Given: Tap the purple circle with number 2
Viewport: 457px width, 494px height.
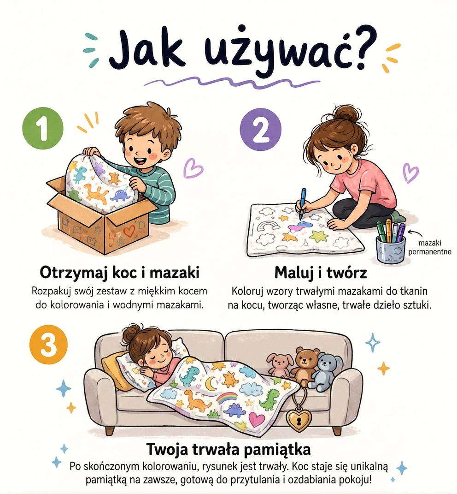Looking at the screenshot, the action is [260, 130].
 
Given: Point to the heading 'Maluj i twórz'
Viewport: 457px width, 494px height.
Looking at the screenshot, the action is [321, 273].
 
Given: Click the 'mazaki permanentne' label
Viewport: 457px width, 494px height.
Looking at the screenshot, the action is [430, 247].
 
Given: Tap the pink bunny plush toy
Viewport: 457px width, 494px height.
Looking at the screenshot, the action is [279, 364].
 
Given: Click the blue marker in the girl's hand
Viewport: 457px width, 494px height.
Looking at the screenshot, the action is [302, 203].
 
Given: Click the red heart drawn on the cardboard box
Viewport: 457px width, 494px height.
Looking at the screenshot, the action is [129, 232].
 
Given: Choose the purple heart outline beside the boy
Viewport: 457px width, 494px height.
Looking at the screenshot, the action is [193, 168].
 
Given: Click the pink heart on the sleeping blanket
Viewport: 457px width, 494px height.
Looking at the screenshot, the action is [257, 418].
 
